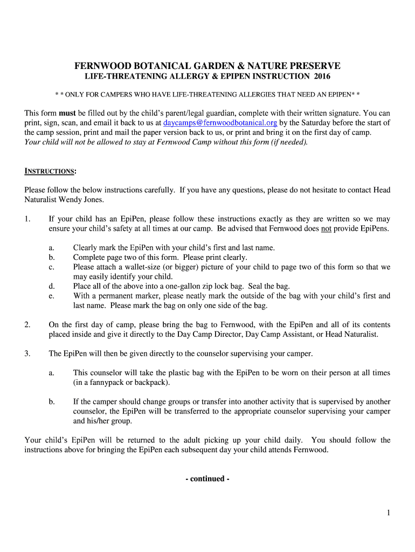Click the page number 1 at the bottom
[388, 513]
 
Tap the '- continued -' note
[207, 479]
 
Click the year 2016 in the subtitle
[320, 77]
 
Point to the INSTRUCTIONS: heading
[50, 171]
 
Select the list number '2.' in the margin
[27, 325]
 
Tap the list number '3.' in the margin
[27, 354]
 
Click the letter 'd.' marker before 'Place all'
[52, 286]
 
